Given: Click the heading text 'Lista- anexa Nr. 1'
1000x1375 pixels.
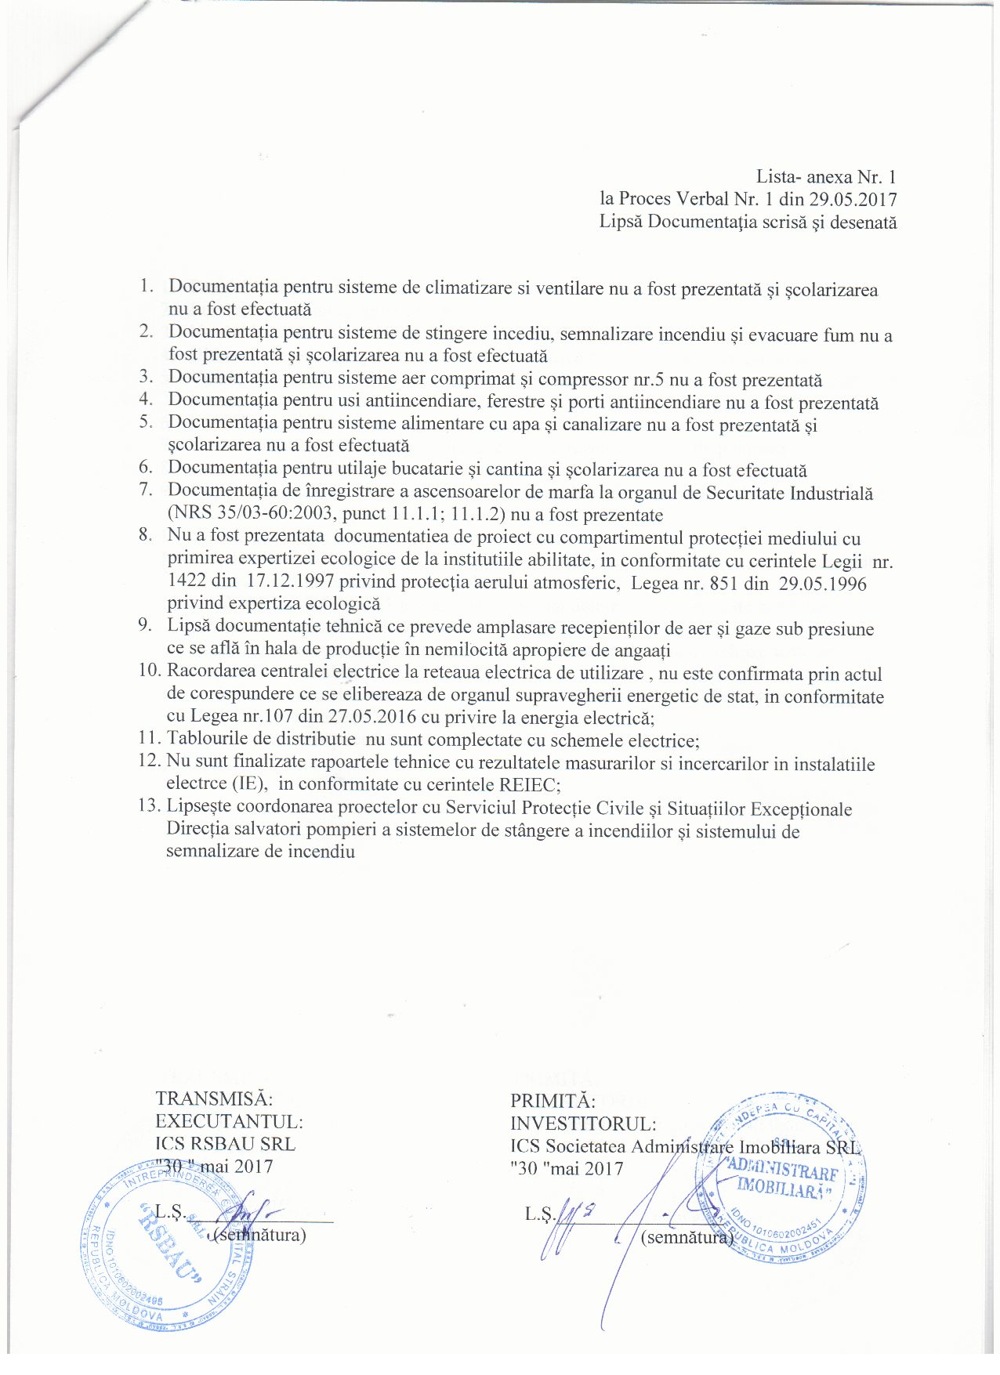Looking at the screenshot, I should tap(825, 177).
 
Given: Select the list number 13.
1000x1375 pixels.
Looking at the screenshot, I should tap(149, 806).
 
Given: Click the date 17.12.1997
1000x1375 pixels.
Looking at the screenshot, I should tap(290, 581).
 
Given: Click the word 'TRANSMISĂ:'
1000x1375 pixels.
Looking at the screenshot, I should tap(214, 1099).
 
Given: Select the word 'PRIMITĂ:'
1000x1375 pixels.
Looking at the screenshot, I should tap(553, 1102).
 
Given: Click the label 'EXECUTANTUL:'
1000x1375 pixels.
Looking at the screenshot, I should tap(229, 1122).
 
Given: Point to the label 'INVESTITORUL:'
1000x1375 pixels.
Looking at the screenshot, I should tap(583, 1124).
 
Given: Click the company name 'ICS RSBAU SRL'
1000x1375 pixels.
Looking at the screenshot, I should tap(225, 1144).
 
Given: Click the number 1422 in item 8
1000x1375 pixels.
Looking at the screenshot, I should tap(187, 581).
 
